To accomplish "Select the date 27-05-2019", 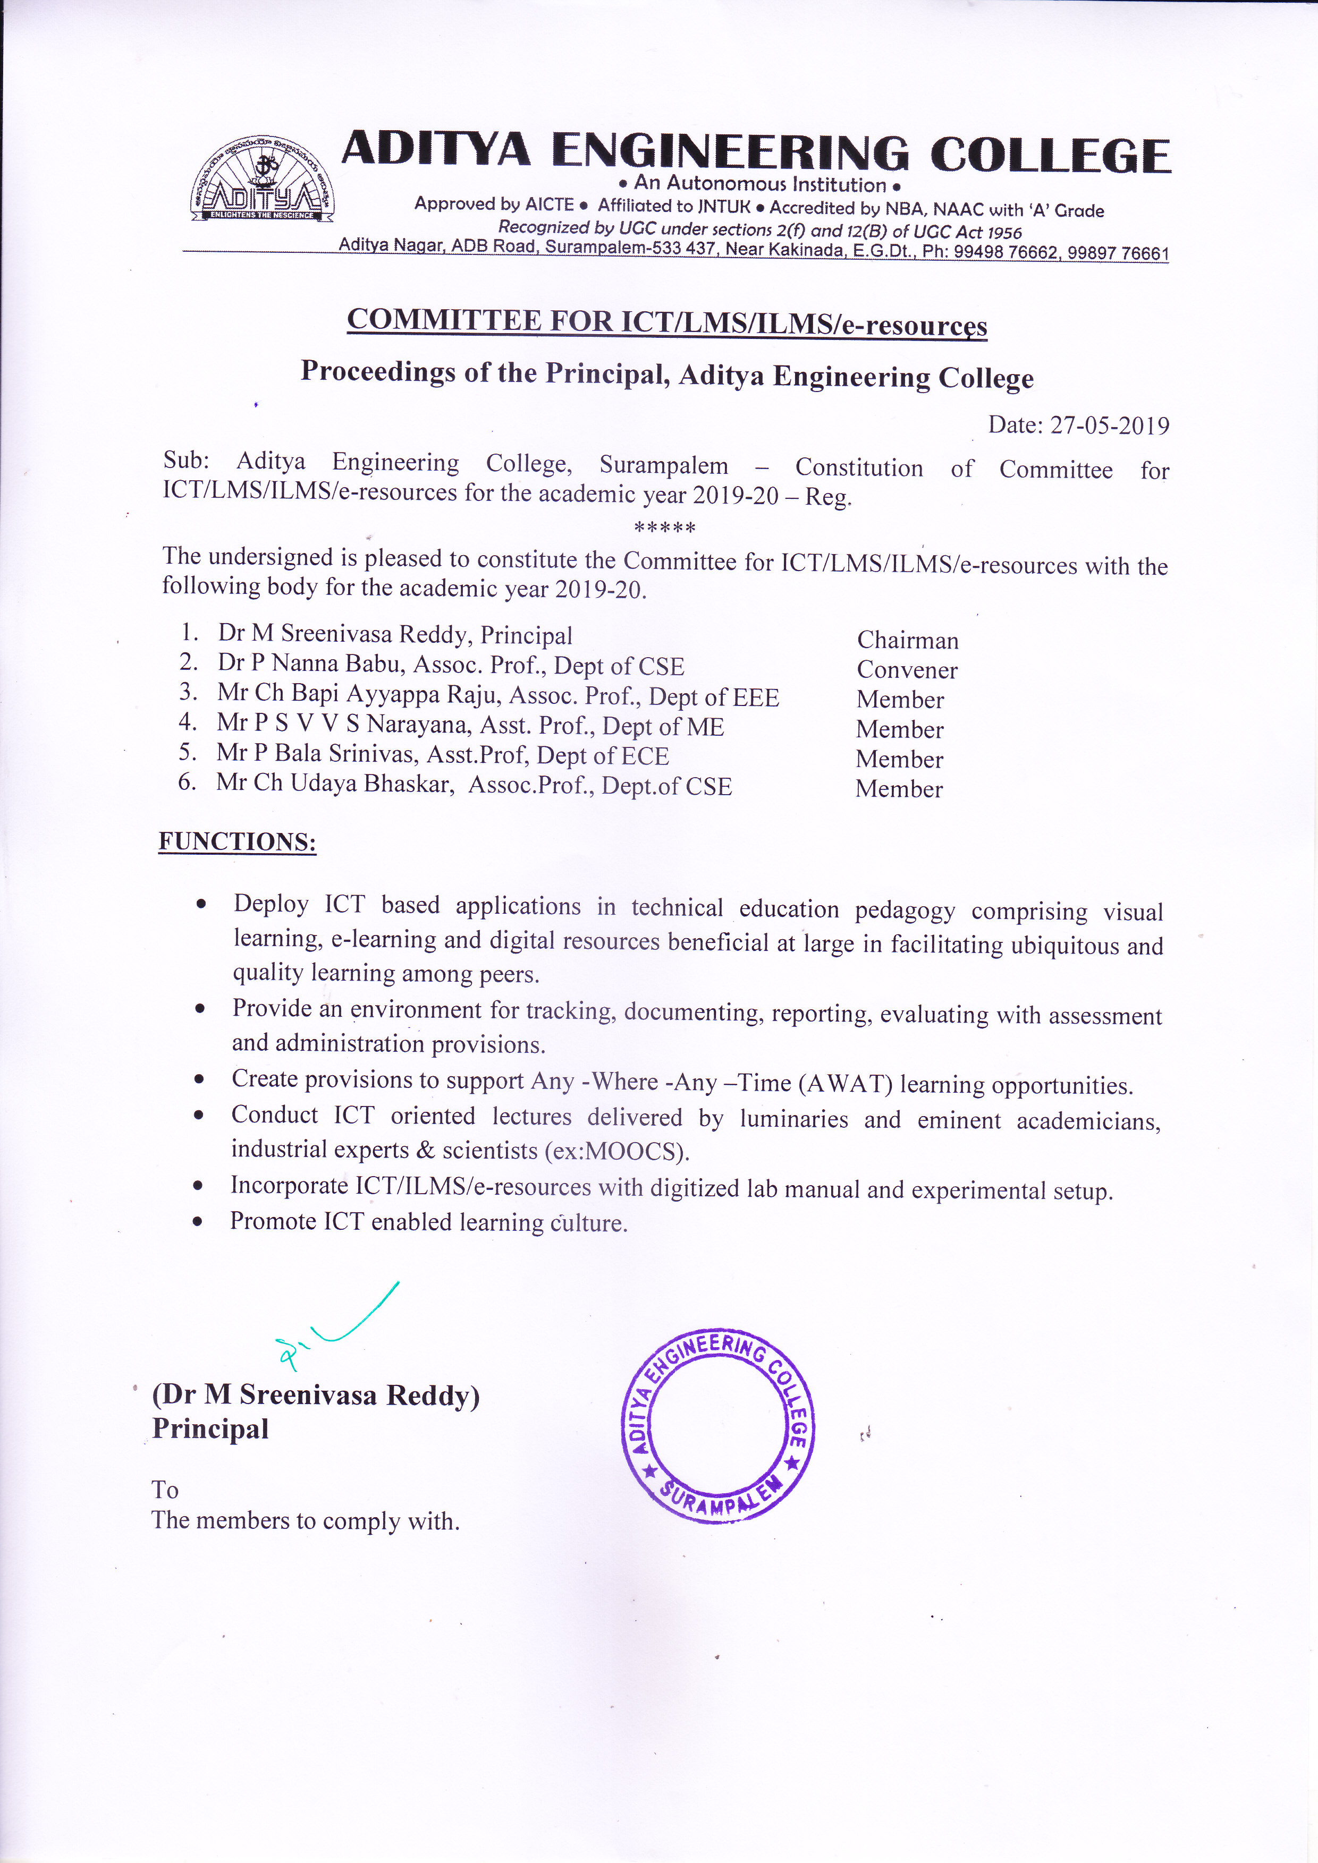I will [x=1110, y=425].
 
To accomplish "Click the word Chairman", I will [x=907, y=640].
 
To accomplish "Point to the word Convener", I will [x=907, y=670].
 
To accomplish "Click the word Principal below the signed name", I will [x=210, y=1429].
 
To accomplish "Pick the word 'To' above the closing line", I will [x=165, y=1490].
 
